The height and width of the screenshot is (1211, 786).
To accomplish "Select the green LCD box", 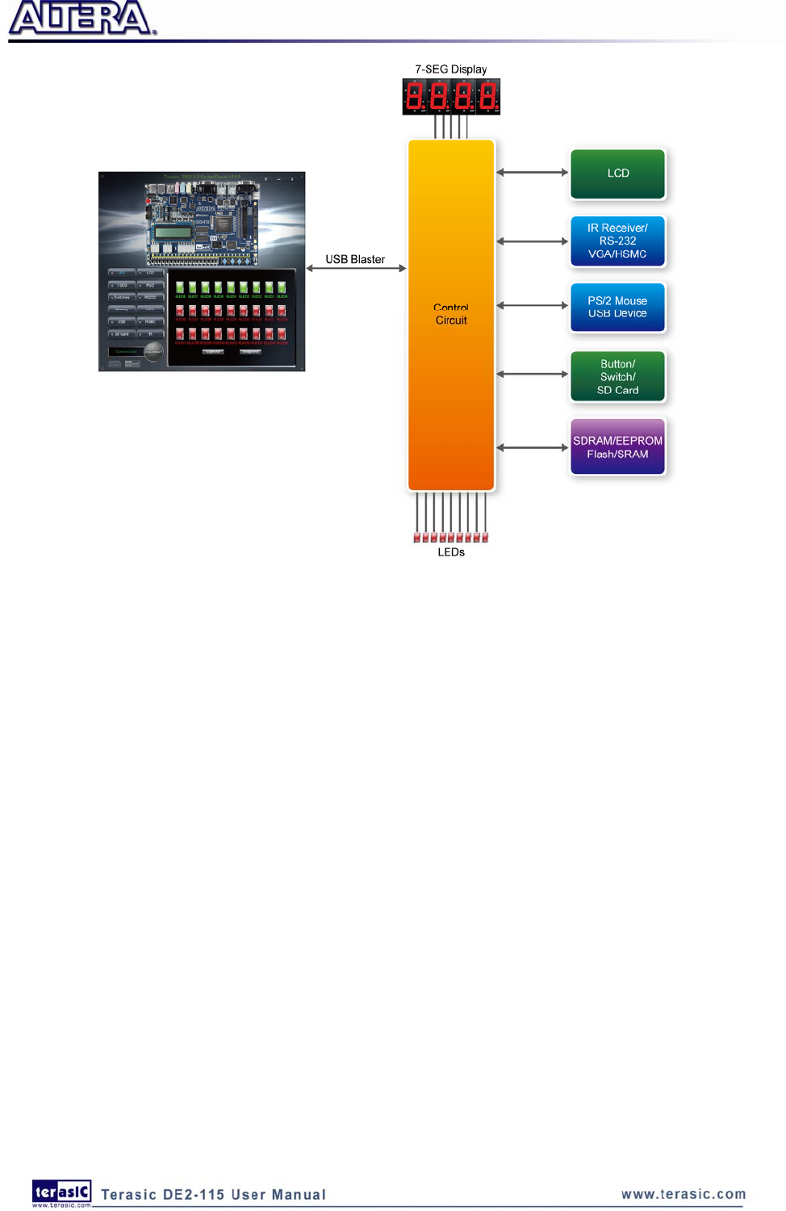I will pos(617,174).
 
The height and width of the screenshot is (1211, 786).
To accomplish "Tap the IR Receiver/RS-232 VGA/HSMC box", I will pos(617,241).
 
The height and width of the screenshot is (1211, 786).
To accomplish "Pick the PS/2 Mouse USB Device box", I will pos(617,307).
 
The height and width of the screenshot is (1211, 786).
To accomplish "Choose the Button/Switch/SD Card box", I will pos(617,377).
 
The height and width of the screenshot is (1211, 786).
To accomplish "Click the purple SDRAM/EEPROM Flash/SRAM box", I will pos(617,447).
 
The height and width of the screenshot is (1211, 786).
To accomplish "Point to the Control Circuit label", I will pos(451,314).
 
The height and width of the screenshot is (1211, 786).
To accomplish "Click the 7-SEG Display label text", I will pos(451,69).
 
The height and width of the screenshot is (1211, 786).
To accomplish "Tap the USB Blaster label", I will pos(355,259).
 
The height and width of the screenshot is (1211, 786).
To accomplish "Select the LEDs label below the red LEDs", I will pos(451,552).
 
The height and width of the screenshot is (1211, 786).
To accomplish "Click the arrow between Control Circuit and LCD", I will pos(533,172).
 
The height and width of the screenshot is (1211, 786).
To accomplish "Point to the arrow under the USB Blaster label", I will pos(356,268).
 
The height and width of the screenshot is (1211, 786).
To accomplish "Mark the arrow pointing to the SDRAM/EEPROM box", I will pos(533,447).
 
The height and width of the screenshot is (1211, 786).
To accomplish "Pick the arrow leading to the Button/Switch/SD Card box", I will pos(533,374).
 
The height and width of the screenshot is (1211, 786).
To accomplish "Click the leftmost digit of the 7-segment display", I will pos(414,97).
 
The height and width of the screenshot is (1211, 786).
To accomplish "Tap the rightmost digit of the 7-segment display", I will pos(487,97).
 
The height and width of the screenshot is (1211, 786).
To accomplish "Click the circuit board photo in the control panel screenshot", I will pos(202,221).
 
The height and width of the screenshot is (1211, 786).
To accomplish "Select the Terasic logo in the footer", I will pos(61,1192).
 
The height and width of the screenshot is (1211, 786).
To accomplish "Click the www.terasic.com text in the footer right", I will pos(684,1194).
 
